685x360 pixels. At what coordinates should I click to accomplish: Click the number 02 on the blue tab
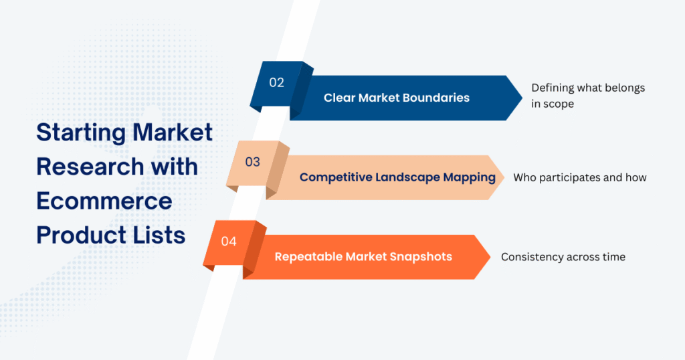(277, 83)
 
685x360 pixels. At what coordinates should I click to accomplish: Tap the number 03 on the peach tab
(252, 162)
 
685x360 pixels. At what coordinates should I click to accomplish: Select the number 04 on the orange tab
(229, 242)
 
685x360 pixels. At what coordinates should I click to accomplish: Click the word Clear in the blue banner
(339, 98)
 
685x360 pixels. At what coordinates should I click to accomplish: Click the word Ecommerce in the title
(104, 200)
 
